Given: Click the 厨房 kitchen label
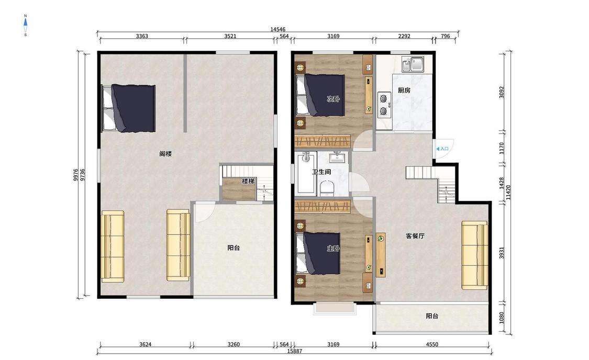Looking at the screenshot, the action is tap(404, 91).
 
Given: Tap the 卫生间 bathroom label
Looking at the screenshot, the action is tap(321, 172).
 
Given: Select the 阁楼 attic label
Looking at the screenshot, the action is tap(165, 153).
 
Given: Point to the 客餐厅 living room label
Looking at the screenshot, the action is tap(415, 236).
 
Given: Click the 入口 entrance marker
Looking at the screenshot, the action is tap(442, 149).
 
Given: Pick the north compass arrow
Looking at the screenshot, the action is tap(26, 25).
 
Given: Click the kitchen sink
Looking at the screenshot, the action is tap(413, 64).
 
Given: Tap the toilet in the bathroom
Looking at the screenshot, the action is tap(327, 188).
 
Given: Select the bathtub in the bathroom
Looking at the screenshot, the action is tap(306, 173).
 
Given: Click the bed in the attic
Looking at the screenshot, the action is tap(129, 108).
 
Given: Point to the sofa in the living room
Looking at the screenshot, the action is tap(474, 255).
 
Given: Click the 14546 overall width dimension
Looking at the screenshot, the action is tap(277, 29).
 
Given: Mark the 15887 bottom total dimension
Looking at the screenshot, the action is tap(294, 351).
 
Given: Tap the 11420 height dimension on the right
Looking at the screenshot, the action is tap(508, 192).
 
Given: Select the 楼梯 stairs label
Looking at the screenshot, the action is tap(248, 182).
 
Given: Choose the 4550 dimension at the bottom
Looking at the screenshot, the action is tap(432, 344).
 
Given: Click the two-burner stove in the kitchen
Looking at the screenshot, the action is tap(384, 105).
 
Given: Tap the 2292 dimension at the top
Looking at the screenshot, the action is tap(404, 37).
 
